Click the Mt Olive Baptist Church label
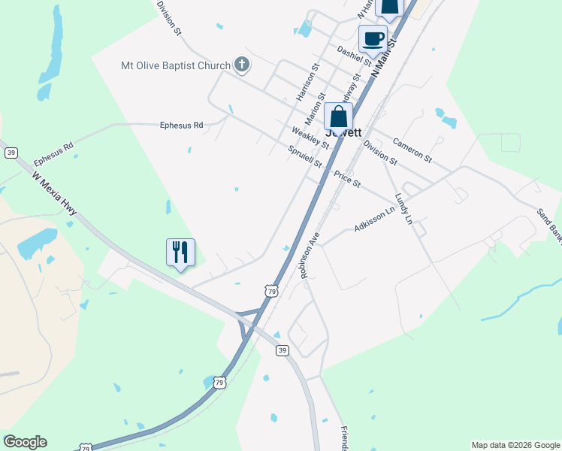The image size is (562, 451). click(x=176, y=65)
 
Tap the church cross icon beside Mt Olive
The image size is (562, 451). click(x=242, y=65)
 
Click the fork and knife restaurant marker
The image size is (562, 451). click(x=180, y=252)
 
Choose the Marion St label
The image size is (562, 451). click(x=315, y=110)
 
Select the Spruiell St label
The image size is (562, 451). click(x=305, y=156)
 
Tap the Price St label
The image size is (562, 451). click(x=347, y=179)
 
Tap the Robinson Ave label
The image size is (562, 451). click(x=310, y=256)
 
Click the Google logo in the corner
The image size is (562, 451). click(x=25, y=442)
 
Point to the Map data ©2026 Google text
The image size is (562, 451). click(x=515, y=445)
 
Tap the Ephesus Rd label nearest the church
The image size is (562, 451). click(x=182, y=126)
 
